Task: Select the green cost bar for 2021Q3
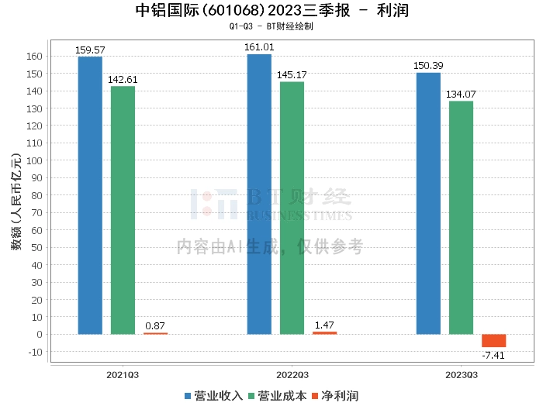click(x=123, y=210)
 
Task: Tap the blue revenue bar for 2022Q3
click(x=259, y=194)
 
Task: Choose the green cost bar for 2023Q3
click(x=461, y=218)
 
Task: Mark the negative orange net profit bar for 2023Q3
click(x=493, y=341)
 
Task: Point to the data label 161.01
click(x=259, y=47)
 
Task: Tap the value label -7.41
click(x=493, y=356)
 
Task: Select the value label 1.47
click(x=324, y=325)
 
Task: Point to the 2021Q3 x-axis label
click(x=123, y=375)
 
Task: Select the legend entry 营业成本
click(x=277, y=396)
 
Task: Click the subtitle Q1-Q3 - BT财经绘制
click(x=271, y=26)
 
